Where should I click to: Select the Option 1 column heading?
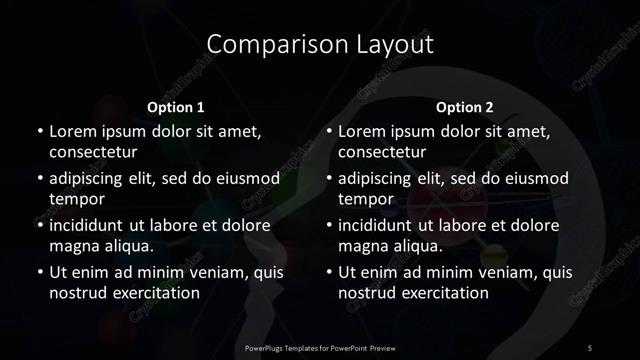(176, 107)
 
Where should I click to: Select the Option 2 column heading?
(465, 107)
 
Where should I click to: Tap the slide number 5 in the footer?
(590, 347)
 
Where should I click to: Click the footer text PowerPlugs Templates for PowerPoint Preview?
(319, 347)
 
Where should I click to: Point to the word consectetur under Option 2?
(383, 153)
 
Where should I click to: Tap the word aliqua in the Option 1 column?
(126, 246)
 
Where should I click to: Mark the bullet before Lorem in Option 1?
(39, 132)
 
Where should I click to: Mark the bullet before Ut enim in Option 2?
(329, 272)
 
